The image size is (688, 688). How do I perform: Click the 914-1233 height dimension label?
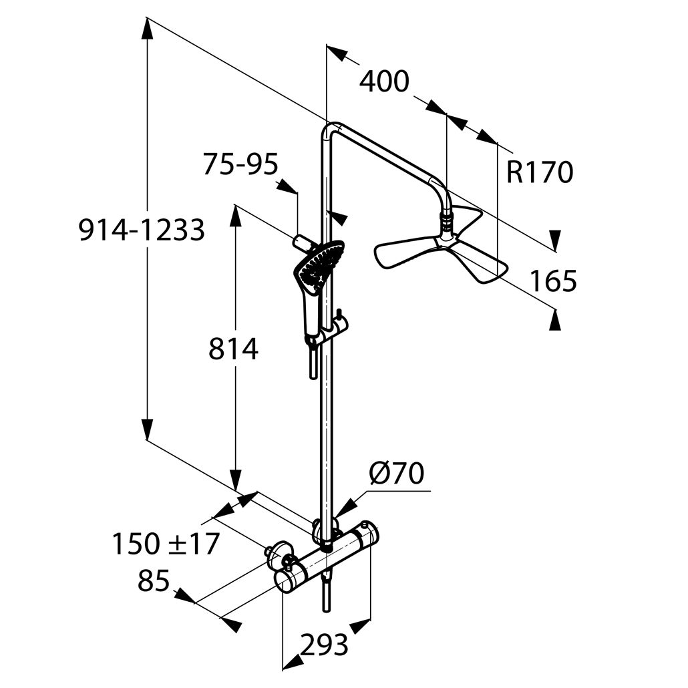pos(142,230)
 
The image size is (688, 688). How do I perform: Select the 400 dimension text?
pos(384,81)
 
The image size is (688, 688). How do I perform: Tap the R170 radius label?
pos(540,172)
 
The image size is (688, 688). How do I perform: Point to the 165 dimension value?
pos(553,281)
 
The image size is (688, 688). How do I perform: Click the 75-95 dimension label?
pos(240,165)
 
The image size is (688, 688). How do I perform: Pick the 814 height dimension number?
pos(233,349)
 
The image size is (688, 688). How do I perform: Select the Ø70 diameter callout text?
pos(397,474)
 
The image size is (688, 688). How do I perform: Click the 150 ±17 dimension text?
pos(166,544)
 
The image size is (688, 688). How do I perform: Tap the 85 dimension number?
pos(154,580)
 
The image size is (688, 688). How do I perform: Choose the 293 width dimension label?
pos(324,645)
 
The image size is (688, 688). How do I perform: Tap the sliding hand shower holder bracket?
pos(335,328)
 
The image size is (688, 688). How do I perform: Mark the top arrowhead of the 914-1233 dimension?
pos(148,30)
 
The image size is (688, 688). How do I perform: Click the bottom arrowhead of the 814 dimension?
pos(236,479)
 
